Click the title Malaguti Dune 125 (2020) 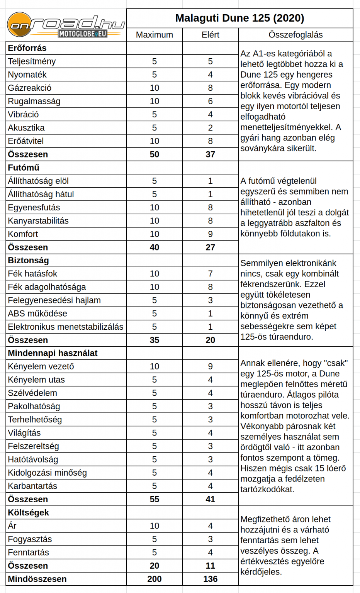coord(239,18)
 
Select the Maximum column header coord(155,35)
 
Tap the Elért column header coord(210,35)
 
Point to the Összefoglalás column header coord(295,35)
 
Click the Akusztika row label coord(26,128)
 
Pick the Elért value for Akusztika coord(210,128)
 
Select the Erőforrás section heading coord(27,48)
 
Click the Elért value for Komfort coord(210,234)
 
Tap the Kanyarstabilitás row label coord(38,221)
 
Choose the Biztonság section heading coord(28,261)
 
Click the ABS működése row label coord(37,313)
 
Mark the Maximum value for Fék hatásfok coord(155,274)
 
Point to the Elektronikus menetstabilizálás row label coord(66,327)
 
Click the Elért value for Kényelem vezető coord(210,366)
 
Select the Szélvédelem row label coord(32,393)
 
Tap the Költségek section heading coord(28,513)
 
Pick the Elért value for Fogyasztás coord(210,539)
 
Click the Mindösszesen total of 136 coord(210,579)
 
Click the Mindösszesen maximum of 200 coord(155,579)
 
